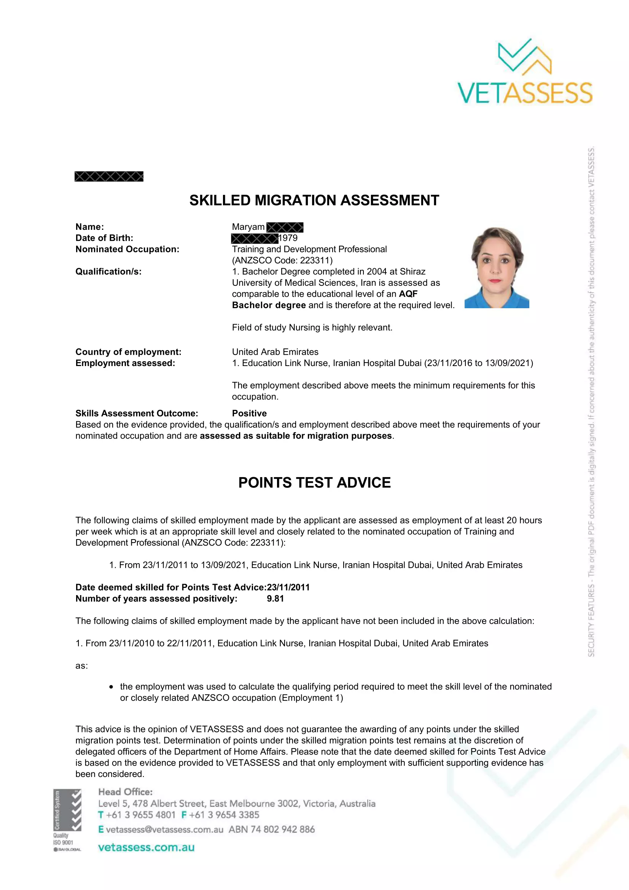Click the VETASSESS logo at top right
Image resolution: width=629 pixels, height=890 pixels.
pos(525,72)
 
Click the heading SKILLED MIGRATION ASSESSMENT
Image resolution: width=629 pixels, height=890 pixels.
pos(314,201)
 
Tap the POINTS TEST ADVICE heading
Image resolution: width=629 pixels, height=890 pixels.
pos(314,482)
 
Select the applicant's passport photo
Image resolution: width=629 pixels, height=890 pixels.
pos(497,267)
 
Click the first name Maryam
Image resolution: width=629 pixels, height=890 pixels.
pos(248,227)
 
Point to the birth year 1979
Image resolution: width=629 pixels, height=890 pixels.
pos(288,238)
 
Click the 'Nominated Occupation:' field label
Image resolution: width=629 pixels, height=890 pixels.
pos(127,249)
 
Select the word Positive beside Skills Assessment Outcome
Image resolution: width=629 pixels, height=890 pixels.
pos(249,413)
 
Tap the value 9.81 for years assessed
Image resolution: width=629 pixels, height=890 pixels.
pos(275,599)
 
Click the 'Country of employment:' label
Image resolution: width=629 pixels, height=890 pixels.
pos(128,352)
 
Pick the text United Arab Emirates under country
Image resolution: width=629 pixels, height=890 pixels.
pos(275,352)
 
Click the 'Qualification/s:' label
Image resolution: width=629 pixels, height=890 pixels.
pos(108,272)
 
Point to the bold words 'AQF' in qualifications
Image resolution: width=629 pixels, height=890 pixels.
pos(408,294)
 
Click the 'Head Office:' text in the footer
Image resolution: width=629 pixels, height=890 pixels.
pos(125,792)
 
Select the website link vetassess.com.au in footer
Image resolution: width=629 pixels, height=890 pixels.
pos(146,847)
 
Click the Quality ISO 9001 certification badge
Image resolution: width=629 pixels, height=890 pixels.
pos(67,820)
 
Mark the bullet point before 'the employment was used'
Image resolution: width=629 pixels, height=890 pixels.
pos(111,687)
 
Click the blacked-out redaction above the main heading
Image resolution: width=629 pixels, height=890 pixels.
pos(109,177)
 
